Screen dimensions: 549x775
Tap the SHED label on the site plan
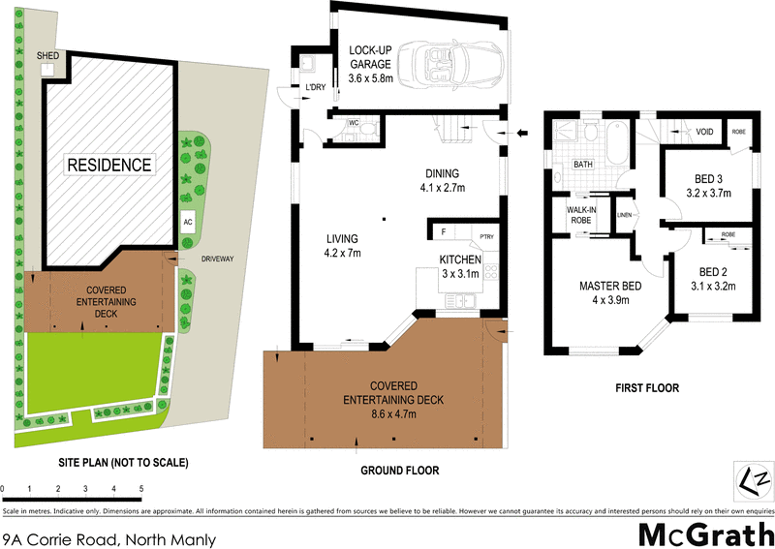pos(47,56)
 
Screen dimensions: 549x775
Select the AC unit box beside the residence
pos(187,222)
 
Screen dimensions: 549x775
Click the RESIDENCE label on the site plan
pos(108,165)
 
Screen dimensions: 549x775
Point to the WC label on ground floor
pos(354,122)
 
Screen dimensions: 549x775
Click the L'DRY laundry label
pos(315,88)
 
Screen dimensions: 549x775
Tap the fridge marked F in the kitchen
pos(444,232)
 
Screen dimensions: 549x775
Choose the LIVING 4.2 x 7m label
pos(342,245)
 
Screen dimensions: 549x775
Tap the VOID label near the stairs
pos(704,132)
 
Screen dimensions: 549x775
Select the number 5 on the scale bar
pos(141,490)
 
